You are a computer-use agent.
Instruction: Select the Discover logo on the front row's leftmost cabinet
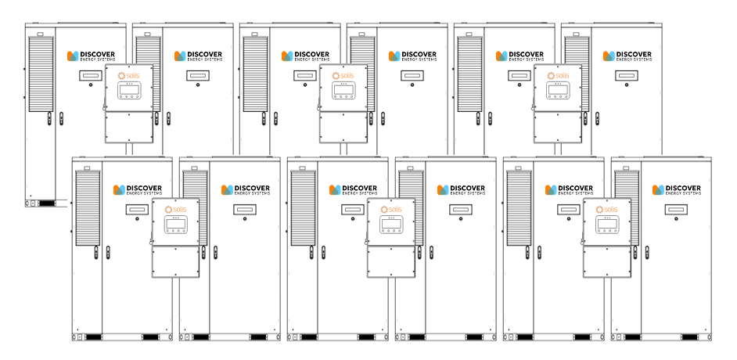(x=138, y=190)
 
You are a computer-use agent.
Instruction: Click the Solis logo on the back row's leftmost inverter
(x=128, y=76)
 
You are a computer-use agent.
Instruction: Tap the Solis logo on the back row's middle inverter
(x=342, y=76)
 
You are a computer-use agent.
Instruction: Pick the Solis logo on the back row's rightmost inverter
(x=556, y=76)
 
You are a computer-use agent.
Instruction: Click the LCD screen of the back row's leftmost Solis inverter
(x=128, y=89)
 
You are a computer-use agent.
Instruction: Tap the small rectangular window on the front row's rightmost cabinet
(x=674, y=210)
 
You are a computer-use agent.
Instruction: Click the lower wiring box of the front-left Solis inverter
(x=174, y=263)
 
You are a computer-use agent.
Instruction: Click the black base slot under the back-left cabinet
(x=47, y=203)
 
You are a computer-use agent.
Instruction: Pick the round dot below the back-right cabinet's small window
(x=624, y=85)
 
